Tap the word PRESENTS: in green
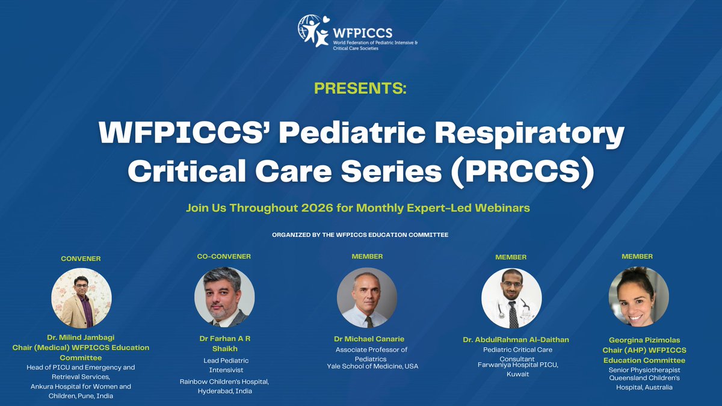(x=360, y=90)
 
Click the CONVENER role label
(x=81, y=259)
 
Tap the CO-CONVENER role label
(x=224, y=256)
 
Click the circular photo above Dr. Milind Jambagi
(x=81, y=298)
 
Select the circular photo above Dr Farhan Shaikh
(x=224, y=297)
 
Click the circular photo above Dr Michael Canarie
(x=366, y=297)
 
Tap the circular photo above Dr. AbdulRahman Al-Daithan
(x=511, y=298)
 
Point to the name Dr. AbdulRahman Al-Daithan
(x=516, y=340)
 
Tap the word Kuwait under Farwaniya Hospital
(x=517, y=374)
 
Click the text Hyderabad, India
(x=224, y=391)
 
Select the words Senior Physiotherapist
(x=644, y=369)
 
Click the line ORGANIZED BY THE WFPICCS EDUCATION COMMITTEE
(x=360, y=234)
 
